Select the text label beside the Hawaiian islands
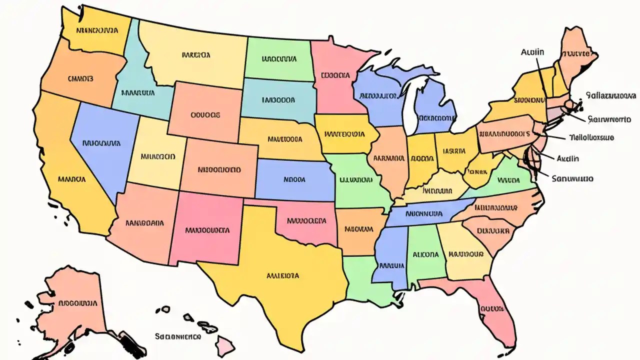(177, 336)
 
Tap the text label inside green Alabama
(425, 254)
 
